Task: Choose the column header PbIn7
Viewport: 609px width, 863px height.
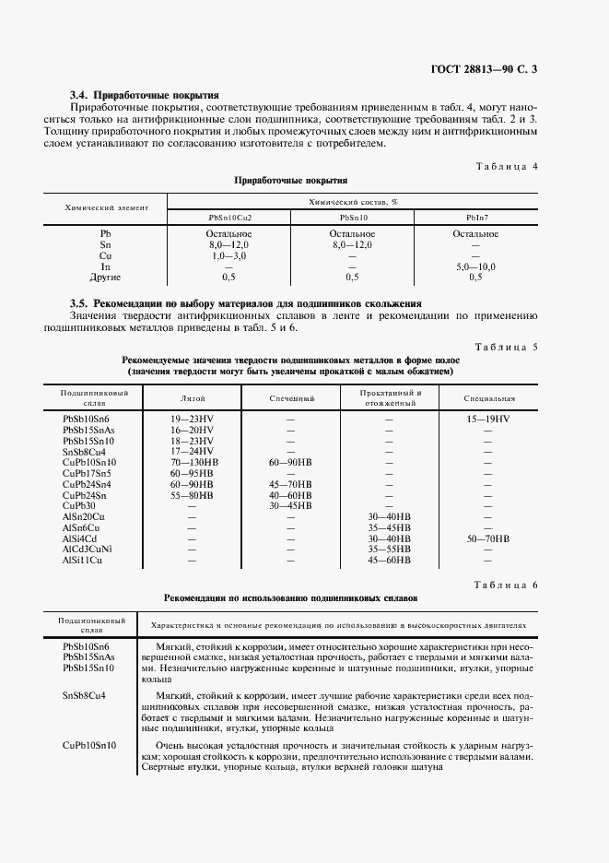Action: pyautogui.click(x=478, y=217)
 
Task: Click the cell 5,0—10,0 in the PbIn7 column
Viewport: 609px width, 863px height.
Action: pyautogui.click(x=475, y=266)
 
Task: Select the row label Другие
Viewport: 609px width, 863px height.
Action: pyautogui.click(x=105, y=277)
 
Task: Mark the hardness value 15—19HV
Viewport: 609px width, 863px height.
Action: pyautogui.click(x=488, y=419)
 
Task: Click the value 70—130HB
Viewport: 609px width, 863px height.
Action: pyautogui.click(x=193, y=462)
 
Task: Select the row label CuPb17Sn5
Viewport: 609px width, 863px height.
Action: pyautogui.click(x=86, y=473)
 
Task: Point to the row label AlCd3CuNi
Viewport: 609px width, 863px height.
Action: pyautogui.click(x=88, y=549)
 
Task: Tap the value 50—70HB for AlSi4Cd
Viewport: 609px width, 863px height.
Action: pyautogui.click(x=488, y=538)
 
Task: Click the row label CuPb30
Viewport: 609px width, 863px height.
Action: pyautogui.click(x=79, y=505)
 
